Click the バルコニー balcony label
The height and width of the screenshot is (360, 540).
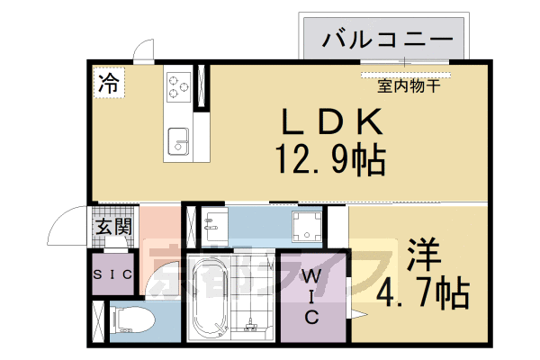click(x=388, y=39)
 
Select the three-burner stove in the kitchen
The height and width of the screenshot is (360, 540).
click(x=177, y=87)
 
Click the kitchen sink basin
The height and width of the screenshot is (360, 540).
click(x=177, y=139)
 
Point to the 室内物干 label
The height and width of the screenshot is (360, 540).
click(x=408, y=86)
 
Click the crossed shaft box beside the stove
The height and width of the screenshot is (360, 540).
click(x=202, y=87)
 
